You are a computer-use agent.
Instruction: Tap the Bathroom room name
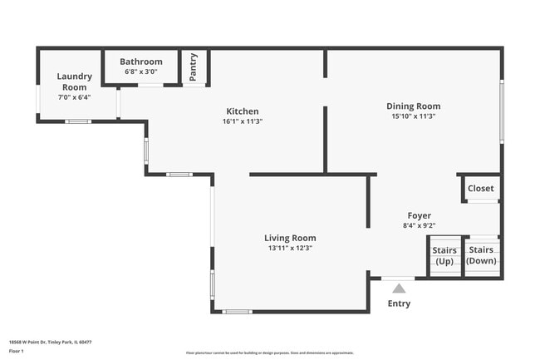click(141, 62)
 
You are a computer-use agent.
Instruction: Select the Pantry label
click(194, 67)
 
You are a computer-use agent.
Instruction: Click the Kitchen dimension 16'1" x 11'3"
click(243, 121)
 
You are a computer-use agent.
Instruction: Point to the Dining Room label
click(413, 106)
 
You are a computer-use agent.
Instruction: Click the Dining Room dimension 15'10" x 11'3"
click(413, 116)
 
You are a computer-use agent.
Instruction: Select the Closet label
click(480, 188)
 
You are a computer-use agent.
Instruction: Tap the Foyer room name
click(419, 215)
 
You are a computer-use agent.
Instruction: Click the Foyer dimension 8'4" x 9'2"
click(419, 225)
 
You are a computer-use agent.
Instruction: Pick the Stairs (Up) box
click(444, 256)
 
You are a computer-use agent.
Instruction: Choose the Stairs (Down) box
click(481, 256)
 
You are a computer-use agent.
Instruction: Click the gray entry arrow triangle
click(399, 288)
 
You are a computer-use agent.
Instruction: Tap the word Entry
click(399, 303)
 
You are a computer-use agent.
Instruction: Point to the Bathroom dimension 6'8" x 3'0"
click(141, 72)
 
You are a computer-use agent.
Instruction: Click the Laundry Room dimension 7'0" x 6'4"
click(73, 97)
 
